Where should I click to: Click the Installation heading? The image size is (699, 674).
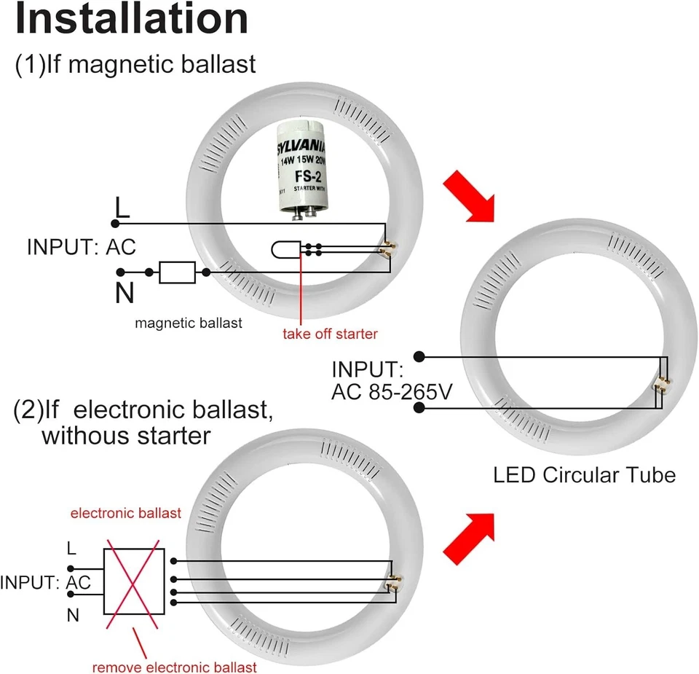click(131, 20)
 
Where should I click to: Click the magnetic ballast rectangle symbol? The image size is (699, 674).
click(177, 272)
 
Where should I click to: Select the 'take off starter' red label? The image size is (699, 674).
click(331, 334)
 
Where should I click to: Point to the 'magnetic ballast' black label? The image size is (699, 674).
click(189, 322)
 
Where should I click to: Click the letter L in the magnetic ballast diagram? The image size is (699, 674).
click(122, 208)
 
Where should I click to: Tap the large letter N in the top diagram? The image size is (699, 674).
click(125, 293)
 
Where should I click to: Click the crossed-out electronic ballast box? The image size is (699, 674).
click(134, 581)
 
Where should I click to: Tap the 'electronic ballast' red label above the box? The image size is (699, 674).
click(125, 514)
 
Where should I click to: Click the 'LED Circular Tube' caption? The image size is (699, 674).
click(584, 476)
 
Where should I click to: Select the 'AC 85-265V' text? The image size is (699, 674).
click(392, 392)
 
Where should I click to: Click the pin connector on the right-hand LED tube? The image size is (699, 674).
click(663, 383)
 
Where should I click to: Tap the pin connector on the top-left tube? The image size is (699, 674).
click(389, 249)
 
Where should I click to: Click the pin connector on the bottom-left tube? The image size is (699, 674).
click(395, 583)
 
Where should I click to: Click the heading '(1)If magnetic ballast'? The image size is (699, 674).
click(135, 64)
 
